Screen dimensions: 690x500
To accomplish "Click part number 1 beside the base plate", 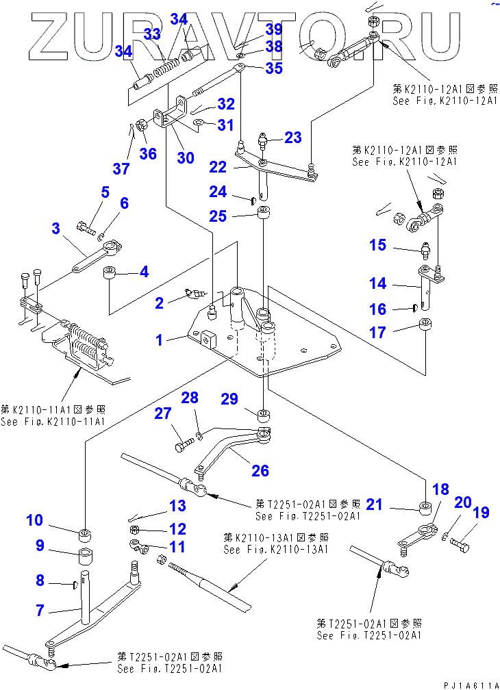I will point(160,340).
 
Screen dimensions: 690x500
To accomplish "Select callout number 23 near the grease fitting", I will point(293,138).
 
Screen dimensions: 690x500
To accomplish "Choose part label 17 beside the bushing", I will point(378,333).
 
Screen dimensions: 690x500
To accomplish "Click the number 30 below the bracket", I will point(185,157).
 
